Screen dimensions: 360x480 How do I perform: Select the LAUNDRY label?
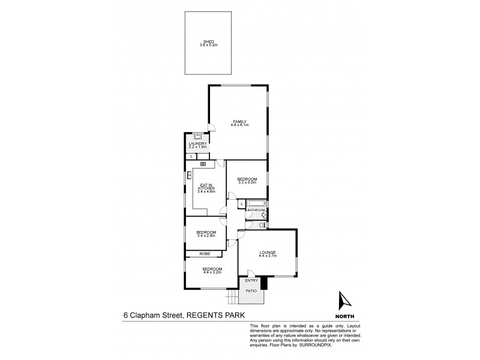198,143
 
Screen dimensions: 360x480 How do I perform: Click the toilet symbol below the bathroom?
263,224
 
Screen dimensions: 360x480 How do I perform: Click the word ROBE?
206,254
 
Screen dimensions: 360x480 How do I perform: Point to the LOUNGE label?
267,253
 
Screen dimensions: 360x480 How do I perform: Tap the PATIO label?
251,291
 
